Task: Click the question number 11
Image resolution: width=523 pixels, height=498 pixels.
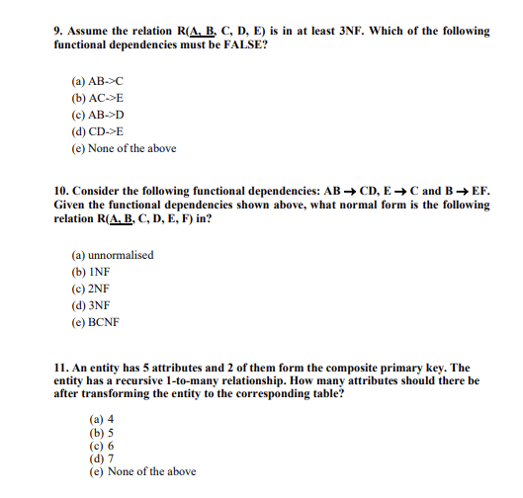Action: [x=60, y=367]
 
